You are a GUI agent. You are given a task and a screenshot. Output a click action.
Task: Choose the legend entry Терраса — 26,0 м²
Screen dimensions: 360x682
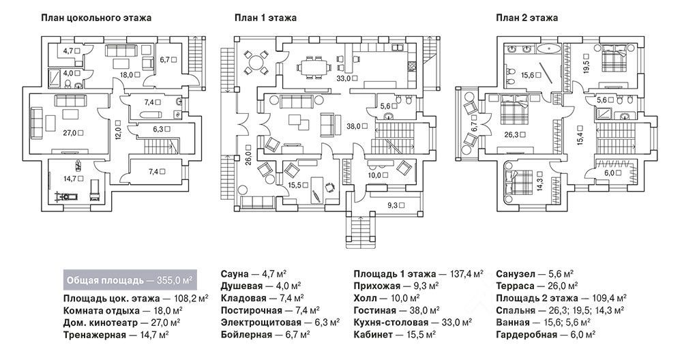pyautogui.click(x=537, y=286)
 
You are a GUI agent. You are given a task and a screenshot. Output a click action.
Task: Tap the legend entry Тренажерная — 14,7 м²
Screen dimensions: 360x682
pyautogui.click(x=117, y=334)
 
